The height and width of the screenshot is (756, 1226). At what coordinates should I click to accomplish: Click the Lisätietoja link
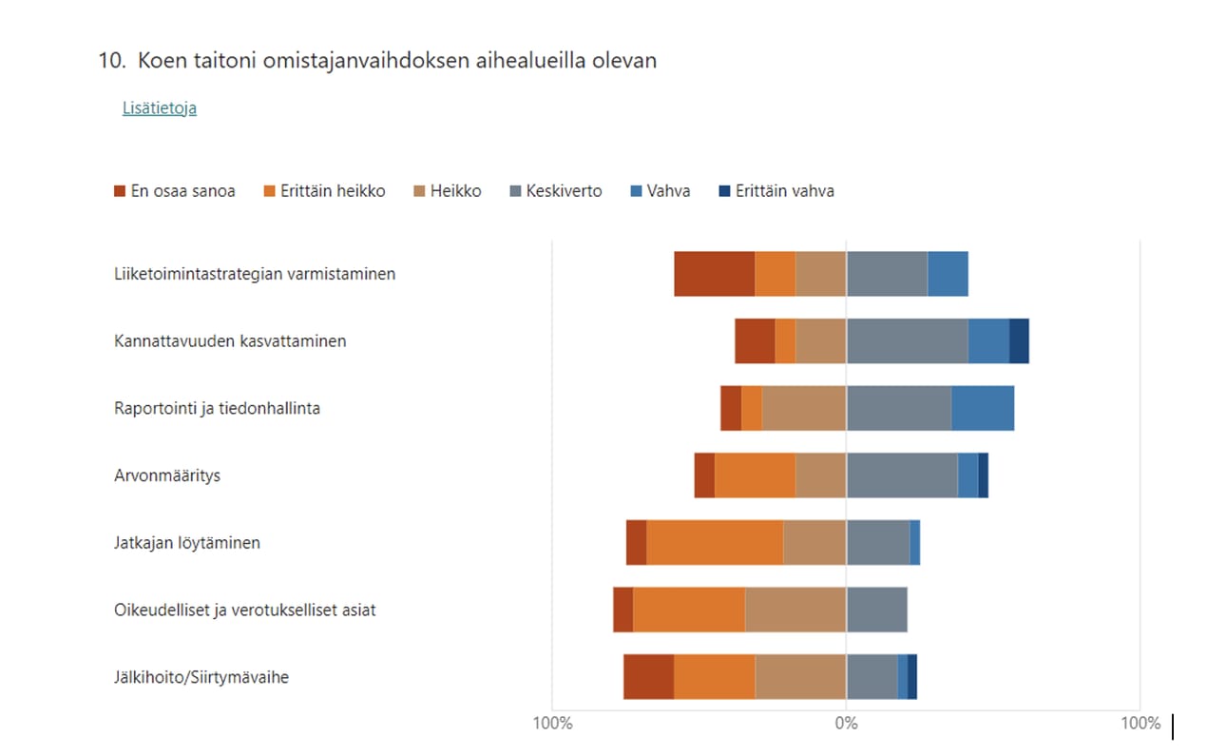point(159,108)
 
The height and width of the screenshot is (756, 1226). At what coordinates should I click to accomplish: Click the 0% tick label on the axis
point(846,724)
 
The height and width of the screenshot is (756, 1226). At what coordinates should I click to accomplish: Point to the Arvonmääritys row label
point(167,475)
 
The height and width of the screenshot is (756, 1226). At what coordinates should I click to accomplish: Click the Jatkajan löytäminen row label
point(187,543)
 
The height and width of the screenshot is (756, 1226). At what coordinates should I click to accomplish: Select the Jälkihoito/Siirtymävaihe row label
point(201,678)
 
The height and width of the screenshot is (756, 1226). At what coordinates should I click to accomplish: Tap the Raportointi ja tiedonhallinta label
point(217,409)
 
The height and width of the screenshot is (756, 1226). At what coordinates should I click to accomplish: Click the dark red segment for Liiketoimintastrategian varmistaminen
point(714,274)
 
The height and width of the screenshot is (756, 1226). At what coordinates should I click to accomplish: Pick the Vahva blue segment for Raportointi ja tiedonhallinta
point(983,409)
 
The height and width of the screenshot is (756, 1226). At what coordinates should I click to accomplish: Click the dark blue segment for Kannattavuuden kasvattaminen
point(1019,341)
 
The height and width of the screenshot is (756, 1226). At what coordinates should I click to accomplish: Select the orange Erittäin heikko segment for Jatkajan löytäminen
point(715,543)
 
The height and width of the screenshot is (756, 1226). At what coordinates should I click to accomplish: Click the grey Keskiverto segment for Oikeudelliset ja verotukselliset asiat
point(876,611)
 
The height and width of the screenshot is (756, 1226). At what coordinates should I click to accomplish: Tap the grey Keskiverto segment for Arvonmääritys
point(902,475)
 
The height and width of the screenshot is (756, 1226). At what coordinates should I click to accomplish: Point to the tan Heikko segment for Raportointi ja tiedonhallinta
point(803,409)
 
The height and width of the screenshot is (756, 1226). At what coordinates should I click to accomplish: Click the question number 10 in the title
point(111,61)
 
